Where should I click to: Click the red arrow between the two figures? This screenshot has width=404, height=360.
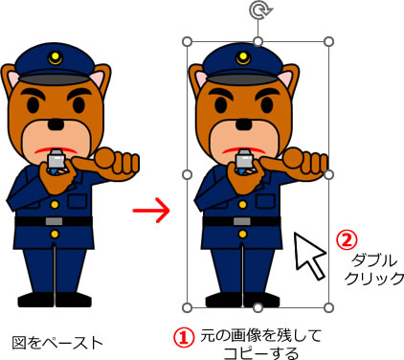click(x=150, y=209)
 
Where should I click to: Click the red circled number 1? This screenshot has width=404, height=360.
click(x=182, y=335)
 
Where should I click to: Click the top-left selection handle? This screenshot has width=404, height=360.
click(x=187, y=42)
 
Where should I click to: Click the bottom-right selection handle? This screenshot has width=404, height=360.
click(x=329, y=307)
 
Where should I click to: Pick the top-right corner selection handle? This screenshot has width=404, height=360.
click(x=329, y=42)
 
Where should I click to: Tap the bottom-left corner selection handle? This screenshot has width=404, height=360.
click(x=187, y=307)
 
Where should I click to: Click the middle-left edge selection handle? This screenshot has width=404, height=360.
click(x=187, y=175)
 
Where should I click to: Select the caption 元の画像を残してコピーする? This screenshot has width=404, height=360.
click(x=254, y=344)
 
